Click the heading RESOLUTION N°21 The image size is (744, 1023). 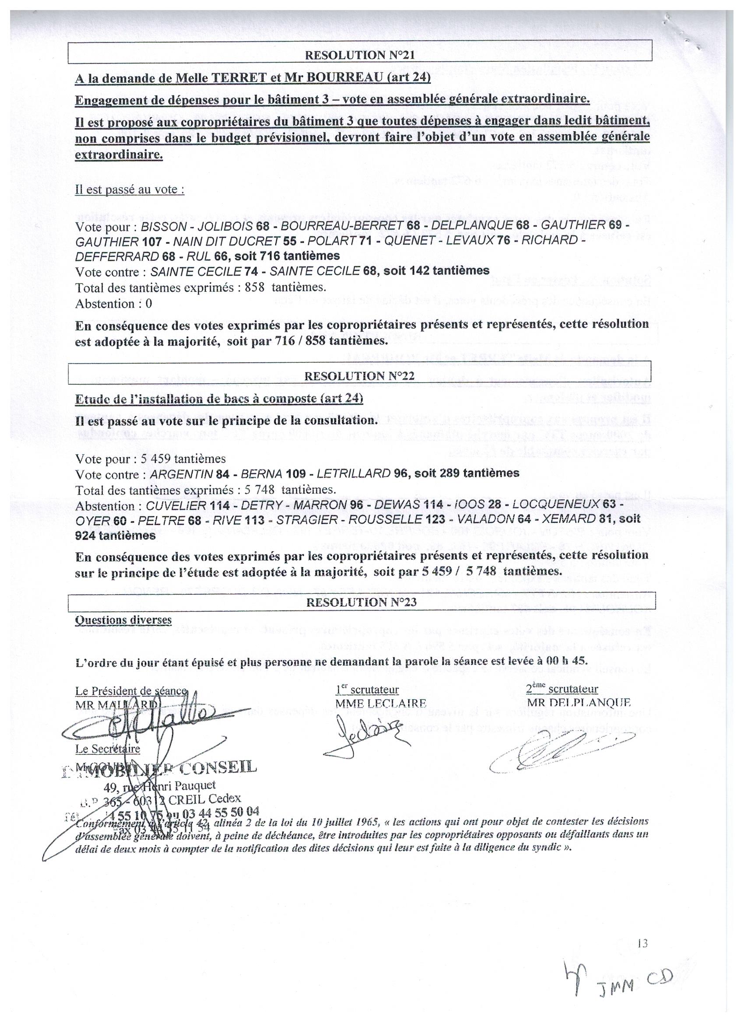tap(360, 56)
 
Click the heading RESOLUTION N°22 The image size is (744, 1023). tap(360, 376)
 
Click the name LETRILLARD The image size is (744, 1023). tap(353, 473)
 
